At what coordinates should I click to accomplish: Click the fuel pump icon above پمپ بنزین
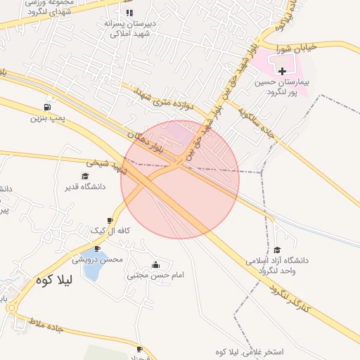[47, 107]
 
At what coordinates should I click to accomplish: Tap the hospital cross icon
[283, 71]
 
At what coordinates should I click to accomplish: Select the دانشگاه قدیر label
[84, 186]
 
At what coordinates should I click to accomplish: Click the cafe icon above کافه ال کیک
[110, 220]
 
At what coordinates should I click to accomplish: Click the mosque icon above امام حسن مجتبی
[155, 264]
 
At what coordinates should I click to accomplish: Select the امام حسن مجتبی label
[155, 275]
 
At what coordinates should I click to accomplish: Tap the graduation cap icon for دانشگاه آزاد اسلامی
[276, 250]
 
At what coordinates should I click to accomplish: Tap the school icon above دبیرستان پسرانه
[129, 13]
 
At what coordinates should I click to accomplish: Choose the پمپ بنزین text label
[47, 117]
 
